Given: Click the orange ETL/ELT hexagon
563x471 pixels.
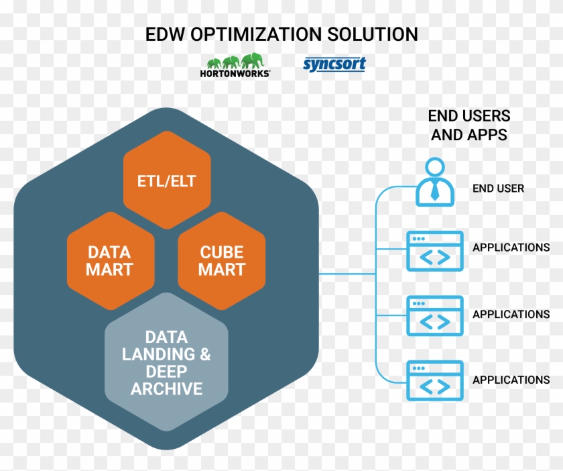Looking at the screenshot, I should pos(167,181).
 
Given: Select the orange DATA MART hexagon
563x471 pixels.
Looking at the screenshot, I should pos(111,260).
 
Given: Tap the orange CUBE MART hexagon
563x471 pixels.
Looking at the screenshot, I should pos(222,260).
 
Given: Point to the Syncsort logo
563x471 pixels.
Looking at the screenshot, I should pos(334,64).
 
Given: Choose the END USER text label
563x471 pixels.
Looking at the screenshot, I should pos(498,189).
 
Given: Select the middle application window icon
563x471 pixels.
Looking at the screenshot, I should pos(435,315).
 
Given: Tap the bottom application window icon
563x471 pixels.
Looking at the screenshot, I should pos(435,380).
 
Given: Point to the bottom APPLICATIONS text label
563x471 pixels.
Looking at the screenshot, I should pos(511,380).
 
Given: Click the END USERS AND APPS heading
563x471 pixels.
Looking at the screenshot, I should pos(468,125).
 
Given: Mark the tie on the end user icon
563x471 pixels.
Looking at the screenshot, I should pos(435,191).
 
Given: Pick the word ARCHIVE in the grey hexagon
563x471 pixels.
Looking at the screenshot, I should pos(167,388).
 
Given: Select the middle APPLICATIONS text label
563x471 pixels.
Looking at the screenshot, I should pos(511,314).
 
